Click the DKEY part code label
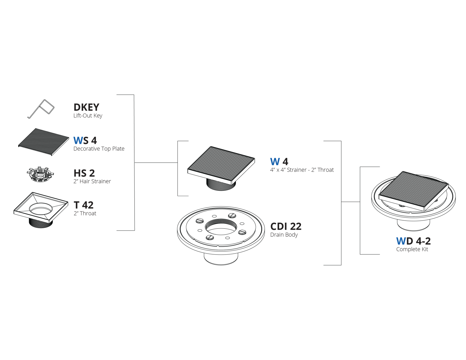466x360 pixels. pos(86,107)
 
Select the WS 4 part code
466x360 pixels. pos(85,140)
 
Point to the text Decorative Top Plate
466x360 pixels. pos(99,149)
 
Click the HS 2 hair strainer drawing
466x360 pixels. pos(40,174)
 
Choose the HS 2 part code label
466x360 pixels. pos(84,173)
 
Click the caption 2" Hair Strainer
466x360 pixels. pos(92,181)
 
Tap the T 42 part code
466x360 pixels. pos(84,205)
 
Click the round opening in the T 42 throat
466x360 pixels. pos(41,208)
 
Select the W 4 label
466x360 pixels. pos(279,162)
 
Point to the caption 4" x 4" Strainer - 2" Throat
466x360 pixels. pos(302,170)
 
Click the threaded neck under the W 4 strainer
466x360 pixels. pos(221,184)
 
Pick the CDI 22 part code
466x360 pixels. pos(286,226)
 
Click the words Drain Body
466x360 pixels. pos(284,235)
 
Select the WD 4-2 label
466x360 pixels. pos(413,241)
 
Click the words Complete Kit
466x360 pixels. pos(412,249)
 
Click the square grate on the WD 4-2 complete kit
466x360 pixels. pos(414,191)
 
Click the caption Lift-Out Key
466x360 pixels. pos(88,116)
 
